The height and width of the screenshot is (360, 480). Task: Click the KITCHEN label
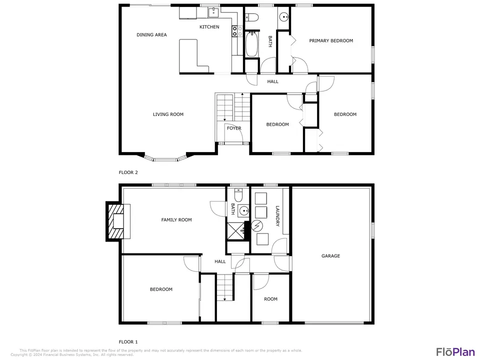209,27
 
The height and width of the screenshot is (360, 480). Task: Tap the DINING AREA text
151,35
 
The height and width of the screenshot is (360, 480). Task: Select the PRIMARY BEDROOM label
331,40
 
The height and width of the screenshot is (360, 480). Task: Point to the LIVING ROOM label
168,114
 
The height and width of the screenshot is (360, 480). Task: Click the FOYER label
234,128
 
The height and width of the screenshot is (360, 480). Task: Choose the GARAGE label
330,256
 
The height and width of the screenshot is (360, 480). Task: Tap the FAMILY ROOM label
176,220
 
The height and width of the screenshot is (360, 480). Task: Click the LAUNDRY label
277,216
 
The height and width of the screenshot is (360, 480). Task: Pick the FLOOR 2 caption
128,172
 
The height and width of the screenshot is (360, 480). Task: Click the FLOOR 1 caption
128,342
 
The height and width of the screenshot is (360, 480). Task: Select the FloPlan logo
455,352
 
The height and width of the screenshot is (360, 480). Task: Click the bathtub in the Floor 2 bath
251,44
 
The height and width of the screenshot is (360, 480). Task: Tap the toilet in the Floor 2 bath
252,17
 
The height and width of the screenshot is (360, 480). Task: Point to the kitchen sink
213,12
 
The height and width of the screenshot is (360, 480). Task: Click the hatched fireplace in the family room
115,221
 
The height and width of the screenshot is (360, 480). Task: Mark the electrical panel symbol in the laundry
257,226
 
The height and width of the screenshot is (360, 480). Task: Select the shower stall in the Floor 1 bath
235,232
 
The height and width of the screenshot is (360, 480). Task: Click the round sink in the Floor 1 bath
244,210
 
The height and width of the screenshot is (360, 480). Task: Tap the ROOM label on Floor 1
270,299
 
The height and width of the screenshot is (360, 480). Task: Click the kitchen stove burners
235,31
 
